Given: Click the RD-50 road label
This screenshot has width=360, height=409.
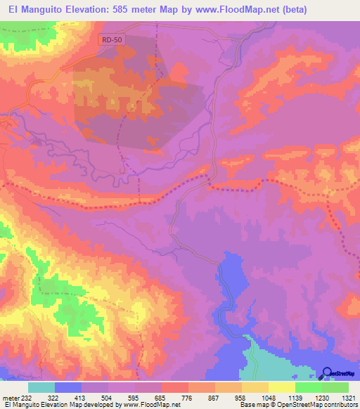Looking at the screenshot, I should point(111,41).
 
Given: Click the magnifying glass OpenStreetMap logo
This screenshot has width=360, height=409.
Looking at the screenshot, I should point(327,373).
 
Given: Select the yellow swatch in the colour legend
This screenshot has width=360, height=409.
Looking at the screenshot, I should point(281,387).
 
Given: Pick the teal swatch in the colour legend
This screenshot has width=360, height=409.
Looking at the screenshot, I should point(41,387).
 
